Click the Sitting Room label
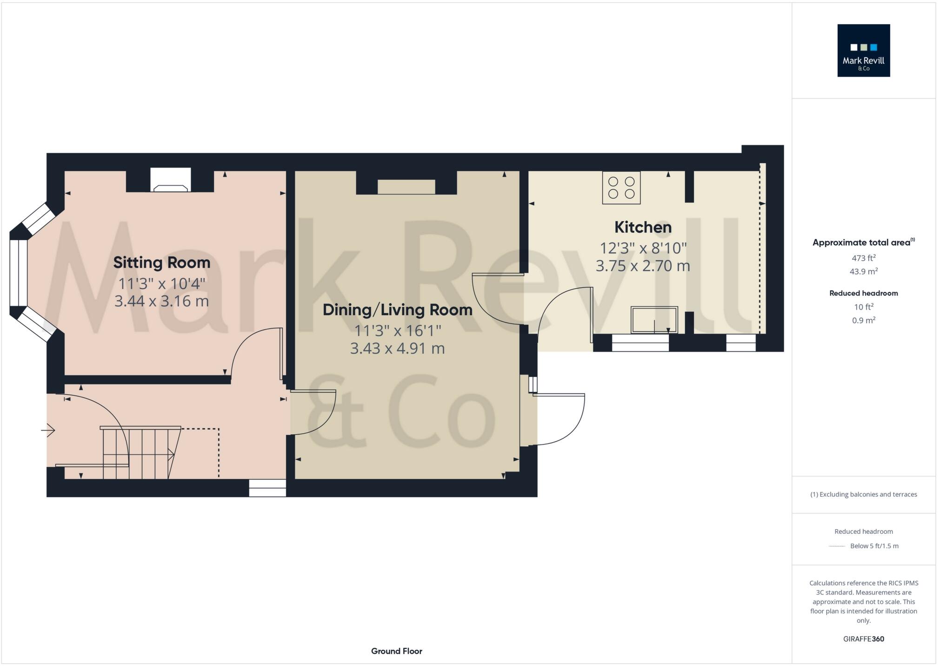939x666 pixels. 162,262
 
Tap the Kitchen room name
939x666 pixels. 643,227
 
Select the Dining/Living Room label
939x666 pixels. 397,309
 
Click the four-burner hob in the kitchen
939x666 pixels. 621,188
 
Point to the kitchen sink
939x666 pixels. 654,319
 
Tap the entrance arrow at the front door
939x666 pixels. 48,431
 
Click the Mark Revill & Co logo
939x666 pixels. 863,50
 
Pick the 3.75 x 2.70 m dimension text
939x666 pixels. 643,266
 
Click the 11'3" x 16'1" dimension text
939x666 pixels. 397,331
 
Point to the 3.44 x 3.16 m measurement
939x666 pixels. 161,301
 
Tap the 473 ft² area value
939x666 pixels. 863,258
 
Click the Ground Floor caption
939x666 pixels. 396,651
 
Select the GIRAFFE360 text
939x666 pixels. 863,639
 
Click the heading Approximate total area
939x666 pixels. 862,242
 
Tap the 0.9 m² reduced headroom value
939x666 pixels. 863,320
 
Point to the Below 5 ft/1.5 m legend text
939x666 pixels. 874,546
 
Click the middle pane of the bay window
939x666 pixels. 19,273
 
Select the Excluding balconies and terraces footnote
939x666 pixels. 863,494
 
